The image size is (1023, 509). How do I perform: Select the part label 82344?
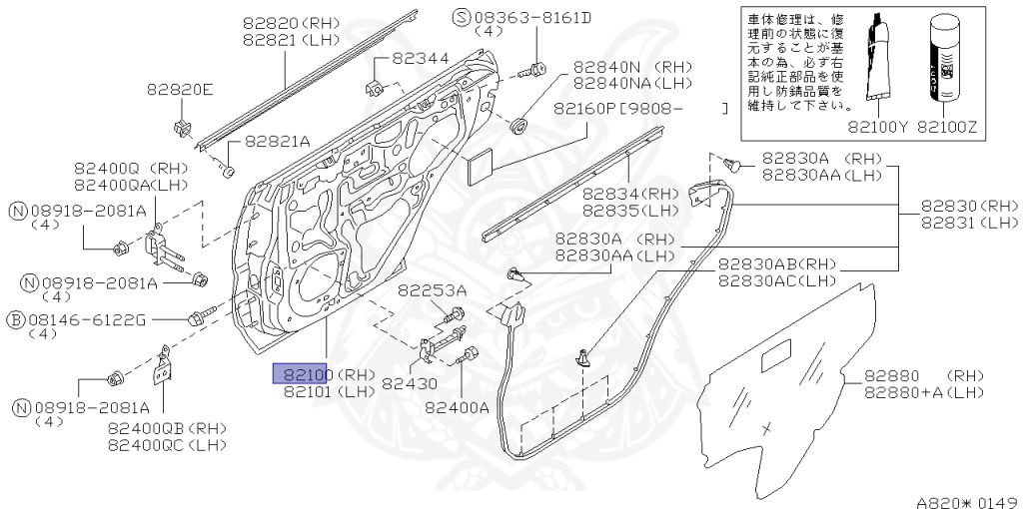[420, 60]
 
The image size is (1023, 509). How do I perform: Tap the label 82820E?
[181, 90]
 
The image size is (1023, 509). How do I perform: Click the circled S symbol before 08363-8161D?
[461, 17]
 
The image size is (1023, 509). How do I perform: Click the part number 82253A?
[433, 290]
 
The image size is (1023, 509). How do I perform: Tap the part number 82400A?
[457, 406]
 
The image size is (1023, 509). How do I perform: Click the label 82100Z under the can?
[950, 128]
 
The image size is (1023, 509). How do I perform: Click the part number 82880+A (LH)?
[924, 392]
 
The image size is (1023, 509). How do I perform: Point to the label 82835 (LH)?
[630, 210]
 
